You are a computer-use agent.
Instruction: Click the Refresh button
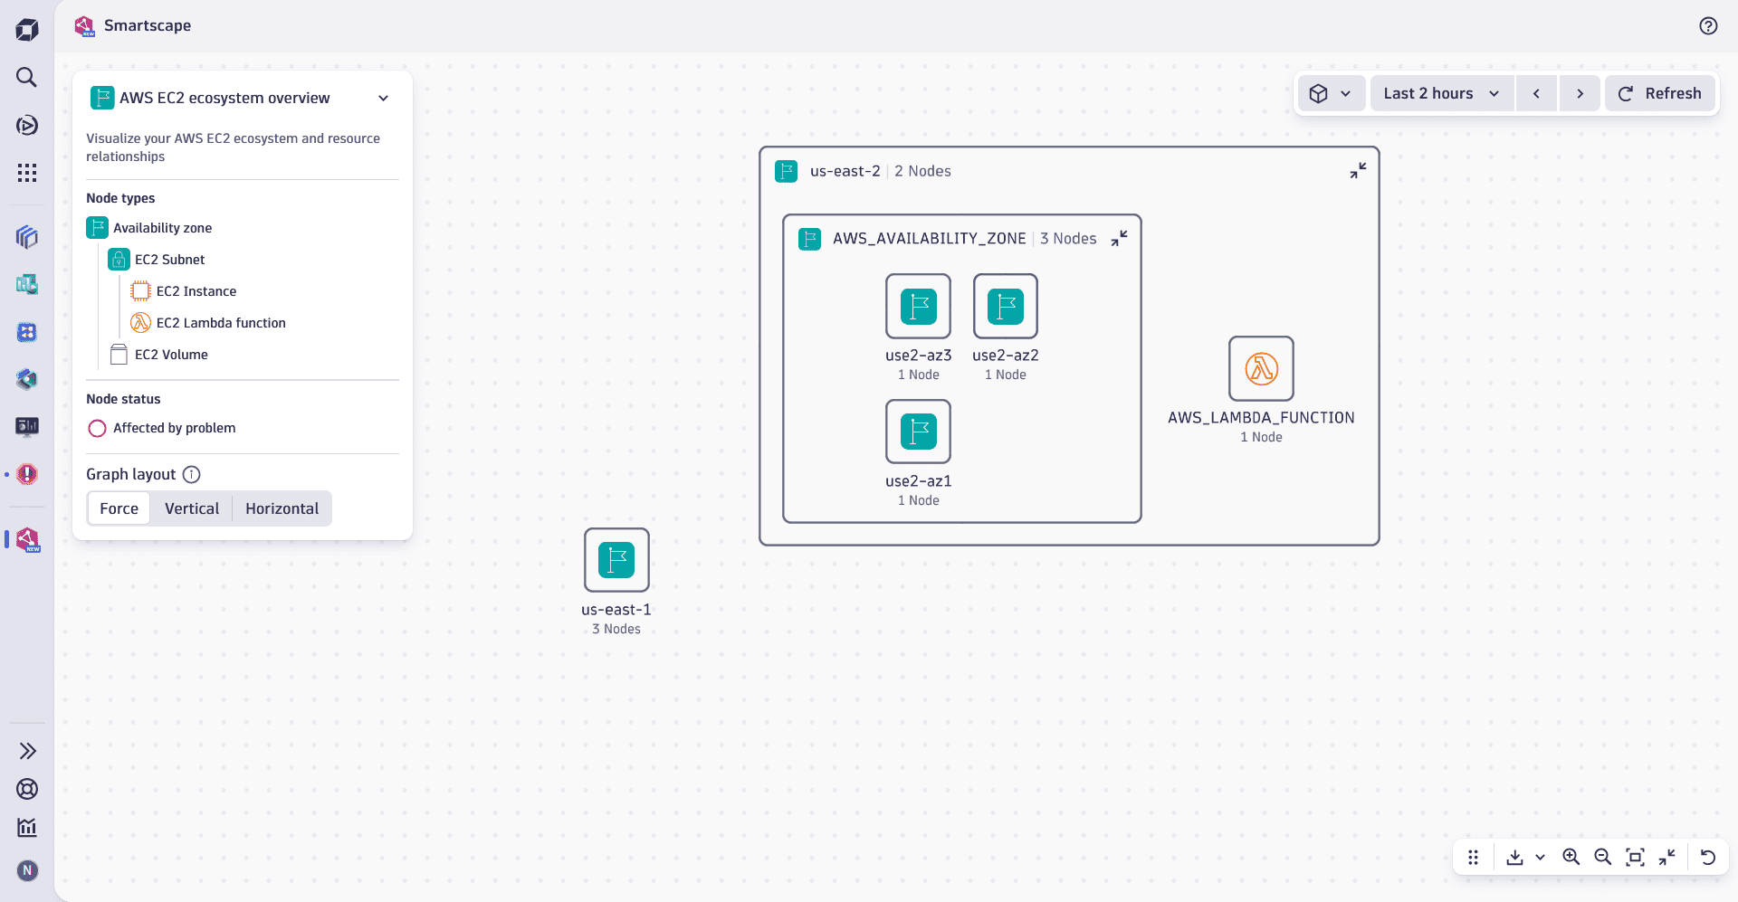tap(1659, 93)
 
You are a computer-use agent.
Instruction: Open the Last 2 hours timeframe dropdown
tap(1441, 93)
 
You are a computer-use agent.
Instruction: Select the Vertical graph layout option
tap(191, 508)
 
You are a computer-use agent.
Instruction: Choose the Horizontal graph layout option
tap(282, 508)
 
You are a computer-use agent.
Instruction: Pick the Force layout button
tap(119, 508)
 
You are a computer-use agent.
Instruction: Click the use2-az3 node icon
tap(918, 307)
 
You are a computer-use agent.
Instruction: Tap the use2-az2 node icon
tap(1005, 307)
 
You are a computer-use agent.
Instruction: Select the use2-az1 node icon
tap(918, 432)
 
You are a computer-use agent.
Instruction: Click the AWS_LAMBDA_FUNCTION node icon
tap(1261, 368)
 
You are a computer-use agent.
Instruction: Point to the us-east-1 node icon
tap(616, 560)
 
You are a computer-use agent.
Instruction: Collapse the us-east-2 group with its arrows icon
tap(1358, 170)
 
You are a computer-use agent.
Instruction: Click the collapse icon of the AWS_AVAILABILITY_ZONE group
tap(1120, 238)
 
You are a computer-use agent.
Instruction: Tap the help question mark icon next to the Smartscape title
tap(1708, 26)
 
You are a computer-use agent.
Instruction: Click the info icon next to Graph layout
tap(192, 474)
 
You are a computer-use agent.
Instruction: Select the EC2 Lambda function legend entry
tap(220, 323)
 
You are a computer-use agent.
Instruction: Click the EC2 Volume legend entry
tap(170, 355)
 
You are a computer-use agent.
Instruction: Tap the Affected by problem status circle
tap(98, 428)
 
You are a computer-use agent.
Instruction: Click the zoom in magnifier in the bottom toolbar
tap(1571, 857)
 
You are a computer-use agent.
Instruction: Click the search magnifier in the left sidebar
tap(27, 77)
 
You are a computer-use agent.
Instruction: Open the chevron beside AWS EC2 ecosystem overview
tap(383, 98)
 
